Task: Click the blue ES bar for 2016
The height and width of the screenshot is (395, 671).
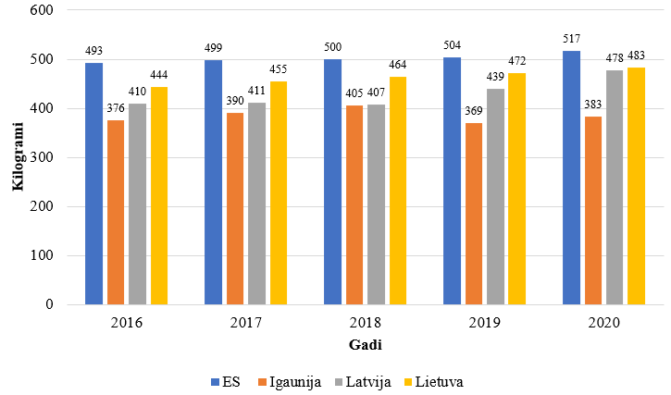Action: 93,183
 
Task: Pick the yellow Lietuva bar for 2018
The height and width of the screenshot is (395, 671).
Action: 398,191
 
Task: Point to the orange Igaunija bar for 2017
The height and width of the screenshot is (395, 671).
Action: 235,208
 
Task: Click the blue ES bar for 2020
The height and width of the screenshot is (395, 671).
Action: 571,178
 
